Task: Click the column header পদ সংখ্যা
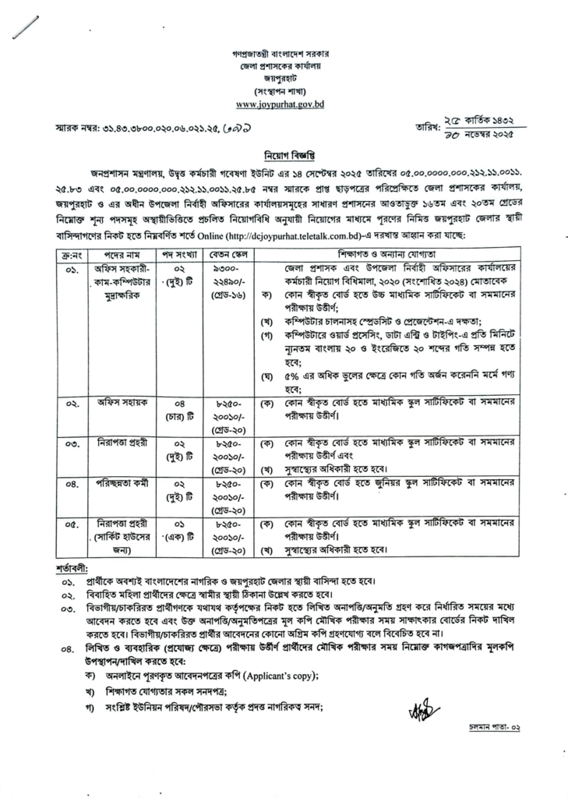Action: [x=178, y=255]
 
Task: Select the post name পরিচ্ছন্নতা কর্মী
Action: [x=120, y=483]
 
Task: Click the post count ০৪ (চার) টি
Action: [x=178, y=409]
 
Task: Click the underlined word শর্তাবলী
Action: [x=72, y=563]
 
